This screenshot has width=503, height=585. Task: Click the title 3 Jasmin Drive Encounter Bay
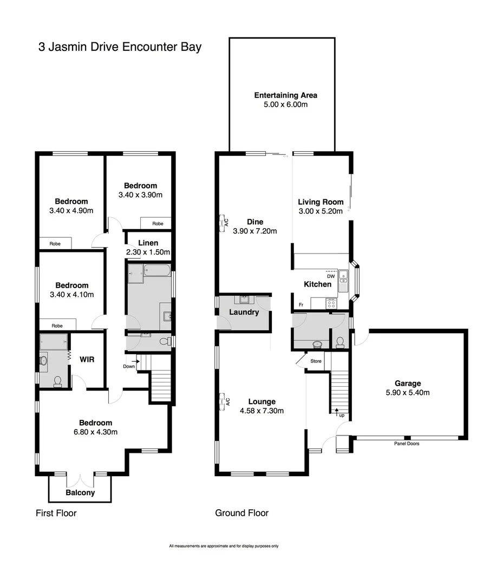coord(120,47)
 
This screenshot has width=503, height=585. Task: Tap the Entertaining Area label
coord(285,95)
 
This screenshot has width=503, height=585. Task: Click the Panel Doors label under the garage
coord(407,444)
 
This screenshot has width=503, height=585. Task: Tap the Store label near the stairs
coord(316,361)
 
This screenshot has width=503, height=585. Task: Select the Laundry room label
coord(244,312)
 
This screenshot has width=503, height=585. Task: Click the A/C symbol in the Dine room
coord(224,222)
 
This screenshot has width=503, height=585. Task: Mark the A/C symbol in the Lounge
coord(224,401)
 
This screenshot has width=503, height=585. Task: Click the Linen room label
coord(148,243)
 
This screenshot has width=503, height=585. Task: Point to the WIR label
coord(88,359)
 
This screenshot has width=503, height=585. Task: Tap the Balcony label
coord(80,492)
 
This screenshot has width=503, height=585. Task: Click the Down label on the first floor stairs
coord(129,366)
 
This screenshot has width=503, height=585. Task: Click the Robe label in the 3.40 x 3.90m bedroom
coord(158,223)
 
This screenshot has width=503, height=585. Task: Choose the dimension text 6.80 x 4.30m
coord(95,432)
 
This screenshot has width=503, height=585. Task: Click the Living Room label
coord(321,202)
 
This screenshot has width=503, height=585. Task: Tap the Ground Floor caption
coord(241,513)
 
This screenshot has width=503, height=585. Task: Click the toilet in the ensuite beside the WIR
coord(57,381)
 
